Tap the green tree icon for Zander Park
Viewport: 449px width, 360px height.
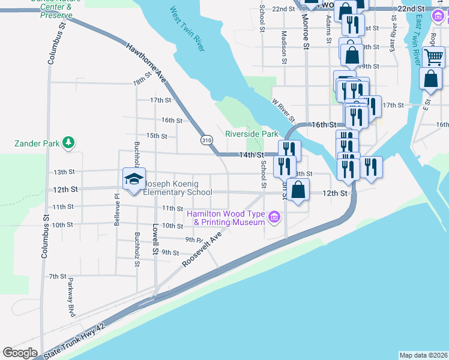[69, 143]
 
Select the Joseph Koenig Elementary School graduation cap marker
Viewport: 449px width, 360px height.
[134, 178]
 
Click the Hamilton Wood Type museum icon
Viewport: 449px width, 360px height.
[275, 216]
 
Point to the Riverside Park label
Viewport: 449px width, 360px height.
[252, 134]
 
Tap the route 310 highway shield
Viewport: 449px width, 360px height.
[206, 140]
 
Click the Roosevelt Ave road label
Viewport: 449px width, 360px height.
[203, 242]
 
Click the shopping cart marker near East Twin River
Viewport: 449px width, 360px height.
[433, 58]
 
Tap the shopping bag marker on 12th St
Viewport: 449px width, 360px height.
[298, 191]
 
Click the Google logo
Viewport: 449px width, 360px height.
[20, 353]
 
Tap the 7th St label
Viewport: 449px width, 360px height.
[58, 276]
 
